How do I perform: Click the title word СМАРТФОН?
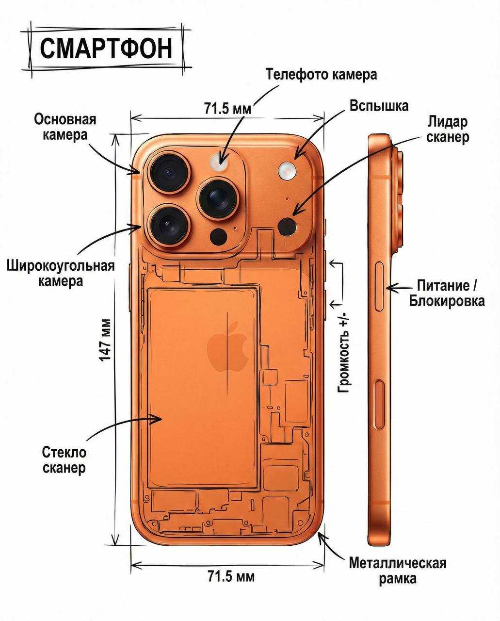click(x=106, y=49)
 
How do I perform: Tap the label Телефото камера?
click(x=321, y=74)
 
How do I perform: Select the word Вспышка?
click(x=379, y=106)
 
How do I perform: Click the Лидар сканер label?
click(x=447, y=129)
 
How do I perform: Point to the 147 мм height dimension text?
click(x=106, y=340)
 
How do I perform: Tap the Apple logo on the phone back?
click(x=227, y=346)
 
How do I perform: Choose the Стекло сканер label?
click(x=64, y=460)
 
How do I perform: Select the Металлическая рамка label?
click(x=397, y=571)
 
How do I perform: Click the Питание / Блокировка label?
click(x=447, y=293)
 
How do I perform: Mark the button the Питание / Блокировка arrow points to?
click(x=380, y=287)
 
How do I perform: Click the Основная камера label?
click(x=65, y=127)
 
